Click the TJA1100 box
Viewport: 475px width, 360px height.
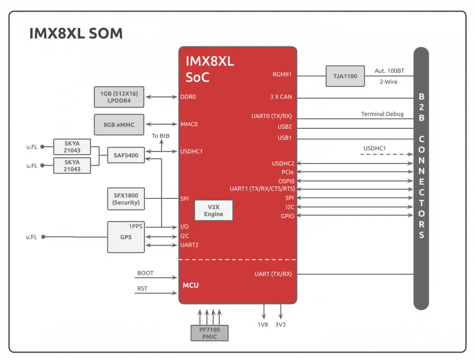tap(345, 76)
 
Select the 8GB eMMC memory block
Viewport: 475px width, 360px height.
tap(119, 125)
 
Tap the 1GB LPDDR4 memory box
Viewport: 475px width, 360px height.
tap(119, 97)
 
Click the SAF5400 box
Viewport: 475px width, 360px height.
tap(126, 155)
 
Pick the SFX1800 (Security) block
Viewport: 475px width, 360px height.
tap(126, 199)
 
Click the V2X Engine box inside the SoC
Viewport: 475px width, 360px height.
tap(214, 210)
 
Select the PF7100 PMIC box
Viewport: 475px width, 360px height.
tap(210, 333)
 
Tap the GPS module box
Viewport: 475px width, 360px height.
tap(126, 237)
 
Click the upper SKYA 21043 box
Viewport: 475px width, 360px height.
tap(72, 147)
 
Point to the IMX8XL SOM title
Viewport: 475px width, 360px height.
tap(76, 33)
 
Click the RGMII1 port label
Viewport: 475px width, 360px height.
tap(282, 74)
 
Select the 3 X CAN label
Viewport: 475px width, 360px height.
tap(281, 97)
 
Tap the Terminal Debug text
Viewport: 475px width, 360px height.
tap(382, 114)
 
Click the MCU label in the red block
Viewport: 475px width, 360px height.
tap(190, 285)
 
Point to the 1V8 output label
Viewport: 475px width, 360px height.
tap(263, 324)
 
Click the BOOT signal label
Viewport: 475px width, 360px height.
tap(145, 273)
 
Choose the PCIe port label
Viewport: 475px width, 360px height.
tap(287, 172)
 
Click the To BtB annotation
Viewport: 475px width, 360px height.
tap(160, 136)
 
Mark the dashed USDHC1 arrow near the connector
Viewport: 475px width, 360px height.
tap(387, 154)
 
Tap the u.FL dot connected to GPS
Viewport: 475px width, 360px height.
tap(43, 237)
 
